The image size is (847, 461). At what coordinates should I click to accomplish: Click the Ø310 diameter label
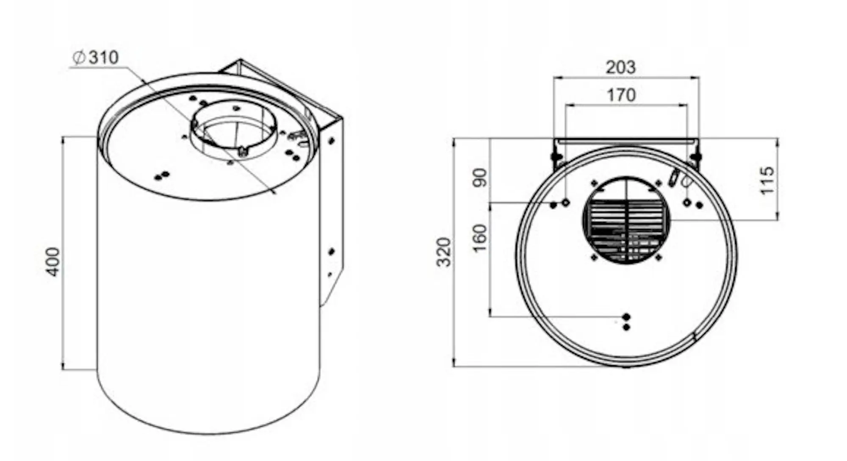click(x=96, y=58)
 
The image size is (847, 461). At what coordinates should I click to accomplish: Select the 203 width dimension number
click(x=620, y=67)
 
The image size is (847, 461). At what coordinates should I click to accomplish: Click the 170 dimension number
click(x=621, y=95)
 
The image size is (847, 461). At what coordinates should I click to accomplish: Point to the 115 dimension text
click(x=767, y=181)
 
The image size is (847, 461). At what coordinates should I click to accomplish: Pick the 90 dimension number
click(x=480, y=178)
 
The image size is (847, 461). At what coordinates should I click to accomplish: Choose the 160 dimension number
click(x=480, y=238)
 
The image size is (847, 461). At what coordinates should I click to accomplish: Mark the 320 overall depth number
click(x=444, y=252)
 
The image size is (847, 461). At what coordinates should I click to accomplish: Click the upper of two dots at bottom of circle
click(x=627, y=317)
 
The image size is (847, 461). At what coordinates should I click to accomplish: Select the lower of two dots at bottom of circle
click(x=627, y=327)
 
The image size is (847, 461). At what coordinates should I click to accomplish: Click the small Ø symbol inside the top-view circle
click(x=687, y=181)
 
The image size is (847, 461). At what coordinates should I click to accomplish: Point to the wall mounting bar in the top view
click(x=627, y=141)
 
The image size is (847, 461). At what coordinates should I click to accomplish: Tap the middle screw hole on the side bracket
click(x=331, y=252)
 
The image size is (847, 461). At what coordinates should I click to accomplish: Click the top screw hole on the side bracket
click(x=331, y=141)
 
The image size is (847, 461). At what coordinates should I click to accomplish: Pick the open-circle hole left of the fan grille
click(x=565, y=203)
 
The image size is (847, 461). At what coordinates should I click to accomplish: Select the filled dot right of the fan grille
click(x=699, y=205)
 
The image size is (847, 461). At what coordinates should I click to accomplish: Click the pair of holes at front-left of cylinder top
click(x=162, y=175)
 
